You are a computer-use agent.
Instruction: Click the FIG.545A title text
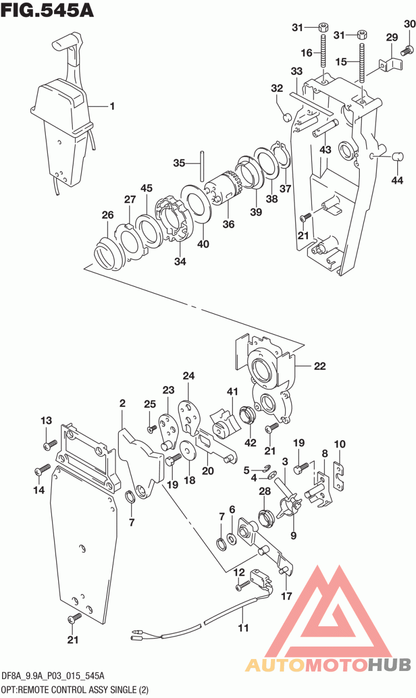click(x=47, y=10)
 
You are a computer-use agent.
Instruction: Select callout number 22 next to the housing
click(x=319, y=366)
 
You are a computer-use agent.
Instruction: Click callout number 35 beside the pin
click(x=179, y=163)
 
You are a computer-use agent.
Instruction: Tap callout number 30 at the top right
click(x=410, y=24)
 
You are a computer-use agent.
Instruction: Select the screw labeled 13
click(x=51, y=445)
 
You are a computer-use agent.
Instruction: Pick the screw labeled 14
click(x=42, y=471)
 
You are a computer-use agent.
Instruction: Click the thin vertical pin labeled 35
click(x=203, y=165)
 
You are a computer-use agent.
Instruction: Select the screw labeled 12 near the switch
click(x=240, y=587)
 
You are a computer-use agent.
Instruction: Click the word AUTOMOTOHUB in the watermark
click(x=328, y=665)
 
